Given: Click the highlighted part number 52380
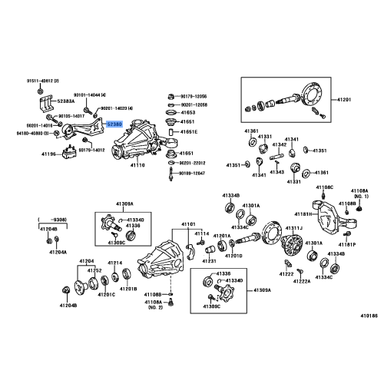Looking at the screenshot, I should pyautogui.click(x=114, y=123).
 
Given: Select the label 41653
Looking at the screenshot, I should pyautogui.click(x=187, y=112).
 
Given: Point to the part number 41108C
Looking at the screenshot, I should pyautogui.click(x=323, y=187).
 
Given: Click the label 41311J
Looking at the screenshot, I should pyautogui.click(x=293, y=229).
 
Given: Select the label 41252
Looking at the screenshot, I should pyautogui.click(x=94, y=271).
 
